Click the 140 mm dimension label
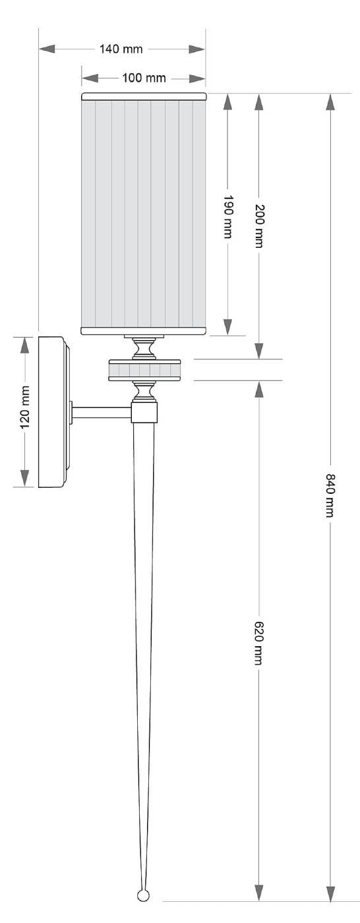pyautogui.click(x=121, y=49)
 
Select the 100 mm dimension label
pyautogui.click(x=144, y=78)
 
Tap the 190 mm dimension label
pyautogui.click(x=227, y=217)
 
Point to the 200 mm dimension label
pyautogui.click(x=258, y=225)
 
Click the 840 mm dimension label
pyautogui.click(x=330, y=495)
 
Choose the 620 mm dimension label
pyautogui.click(x=258, y=643)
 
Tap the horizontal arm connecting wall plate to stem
pyautogui.click(x=102, y=413)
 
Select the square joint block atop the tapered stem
pyautogui.click(x=144, y=413)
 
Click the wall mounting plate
pyautogui.click(x=54, y=412)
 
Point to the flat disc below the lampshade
pyautogui.click(x=144, y=370)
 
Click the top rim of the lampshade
pyautogui.click(x=144, y=96)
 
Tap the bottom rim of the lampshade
pyautogui.click(x=144, y=330)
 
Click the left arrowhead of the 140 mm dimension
pyautogui.click(x=47, y=49)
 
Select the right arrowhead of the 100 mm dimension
pyautogui.click(x=197, y=78)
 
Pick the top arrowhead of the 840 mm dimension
pyautogui.click(x=330, y=102)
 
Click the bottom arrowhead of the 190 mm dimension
pyautogui.click(x=227, y=327)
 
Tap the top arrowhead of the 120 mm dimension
pyautogui.click(x=26, y=345)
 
